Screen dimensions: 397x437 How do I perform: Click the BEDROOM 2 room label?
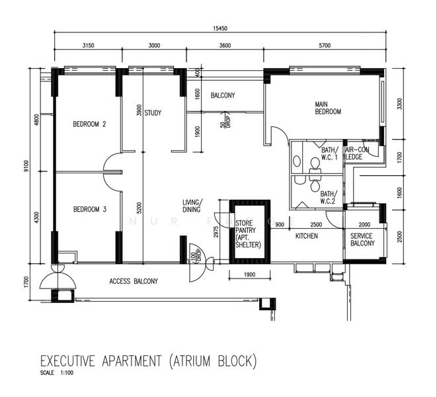coord(89,124)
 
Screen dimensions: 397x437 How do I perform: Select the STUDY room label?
coord(153,112)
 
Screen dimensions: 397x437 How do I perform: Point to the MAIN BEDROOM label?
coord(328,108)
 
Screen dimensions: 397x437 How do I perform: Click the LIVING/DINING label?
coord(193,206)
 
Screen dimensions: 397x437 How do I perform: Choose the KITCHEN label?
coord(307,236)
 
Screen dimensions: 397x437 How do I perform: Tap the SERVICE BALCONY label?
coord(362,240)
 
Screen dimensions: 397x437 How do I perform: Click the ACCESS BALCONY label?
coord(134,281)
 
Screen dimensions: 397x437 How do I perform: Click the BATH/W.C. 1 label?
coord(330,154)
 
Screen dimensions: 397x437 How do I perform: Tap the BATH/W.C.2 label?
coord(329,197)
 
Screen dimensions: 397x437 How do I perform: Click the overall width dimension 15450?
coord(220,28)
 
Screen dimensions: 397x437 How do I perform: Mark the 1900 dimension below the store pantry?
coord(248,274)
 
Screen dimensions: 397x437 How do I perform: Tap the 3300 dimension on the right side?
coord(399,105)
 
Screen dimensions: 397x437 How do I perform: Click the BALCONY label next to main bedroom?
coord(223,96)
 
